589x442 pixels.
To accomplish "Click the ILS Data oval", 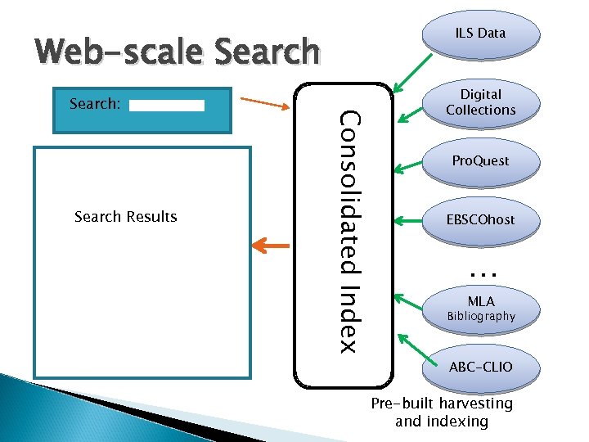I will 480,34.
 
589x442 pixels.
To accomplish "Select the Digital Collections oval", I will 480,102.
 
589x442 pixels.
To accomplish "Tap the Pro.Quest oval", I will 480,161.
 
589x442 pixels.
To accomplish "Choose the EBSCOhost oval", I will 480,220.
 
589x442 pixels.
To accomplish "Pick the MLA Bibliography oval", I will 480,308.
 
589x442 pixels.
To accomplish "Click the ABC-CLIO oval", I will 480,367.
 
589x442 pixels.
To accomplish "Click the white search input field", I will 167,106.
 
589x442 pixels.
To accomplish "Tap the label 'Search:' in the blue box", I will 96,105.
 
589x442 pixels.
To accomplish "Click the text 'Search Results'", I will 125,217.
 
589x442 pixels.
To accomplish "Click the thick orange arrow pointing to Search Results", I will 269,245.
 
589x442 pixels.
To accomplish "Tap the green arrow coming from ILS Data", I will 414,71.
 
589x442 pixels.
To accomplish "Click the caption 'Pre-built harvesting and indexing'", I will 442,413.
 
